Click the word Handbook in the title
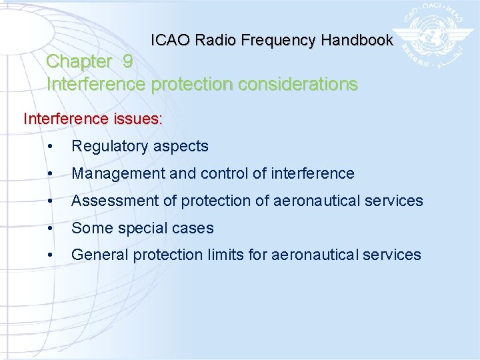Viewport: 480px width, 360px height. click(x=357, y=40)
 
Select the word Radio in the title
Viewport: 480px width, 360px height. click(x=217, y=40)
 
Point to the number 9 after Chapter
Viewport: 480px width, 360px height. click(x=127, y=61)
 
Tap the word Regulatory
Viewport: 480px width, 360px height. click(x=109, y=146)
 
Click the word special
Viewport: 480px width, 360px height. click(x=142, y=228)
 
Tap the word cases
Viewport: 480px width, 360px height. click(x=194, y=228)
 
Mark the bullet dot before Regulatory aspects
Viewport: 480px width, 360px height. click(x=51, y=147)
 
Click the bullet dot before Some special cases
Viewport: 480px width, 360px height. click(x=51, y=229)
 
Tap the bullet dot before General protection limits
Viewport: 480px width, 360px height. click(x=51, y=255)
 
